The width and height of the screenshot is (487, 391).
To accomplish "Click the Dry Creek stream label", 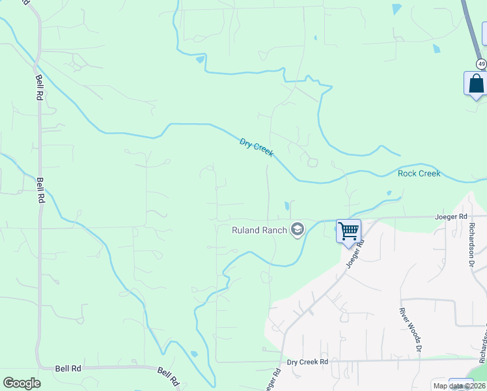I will click(257, 147).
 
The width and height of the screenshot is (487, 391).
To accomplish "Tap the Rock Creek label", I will click(419, 173).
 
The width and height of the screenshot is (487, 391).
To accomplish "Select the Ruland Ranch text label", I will click(260, 229).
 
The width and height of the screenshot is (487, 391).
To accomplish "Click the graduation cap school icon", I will click(298, 229).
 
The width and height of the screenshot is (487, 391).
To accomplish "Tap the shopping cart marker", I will click(348, 230).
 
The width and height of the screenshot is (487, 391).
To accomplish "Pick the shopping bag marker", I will click(476, 83).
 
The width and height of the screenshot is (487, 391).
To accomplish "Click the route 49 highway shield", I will click(480, 63).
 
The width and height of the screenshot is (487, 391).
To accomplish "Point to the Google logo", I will click(21, 383).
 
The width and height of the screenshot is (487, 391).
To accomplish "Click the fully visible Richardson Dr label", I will click(473, 245).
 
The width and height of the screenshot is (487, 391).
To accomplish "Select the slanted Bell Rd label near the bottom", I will click(168, 376).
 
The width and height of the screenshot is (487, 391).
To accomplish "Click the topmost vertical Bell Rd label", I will click(39, 86).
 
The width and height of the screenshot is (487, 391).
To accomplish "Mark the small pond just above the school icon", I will click(286, 207).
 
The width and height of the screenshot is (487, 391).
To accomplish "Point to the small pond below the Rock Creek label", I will click(389, 193).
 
